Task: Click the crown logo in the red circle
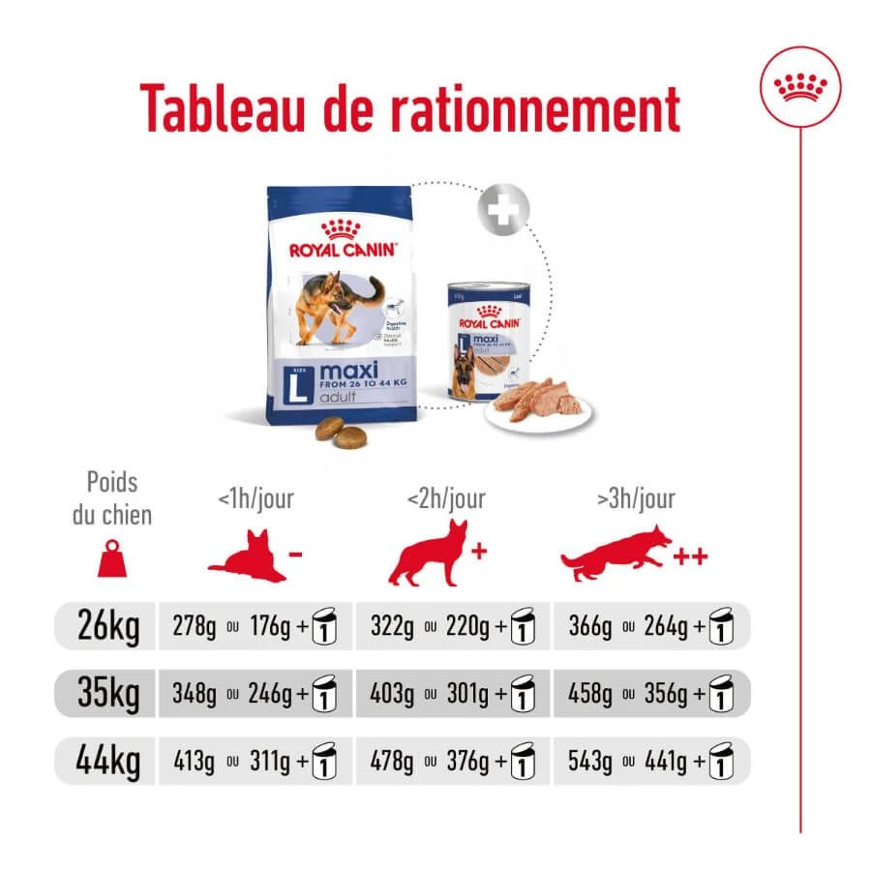[800, 88]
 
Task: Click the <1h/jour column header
[255, 499]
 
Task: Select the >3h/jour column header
[636, 499]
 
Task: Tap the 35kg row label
[108, 694]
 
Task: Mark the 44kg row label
[108, 761]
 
